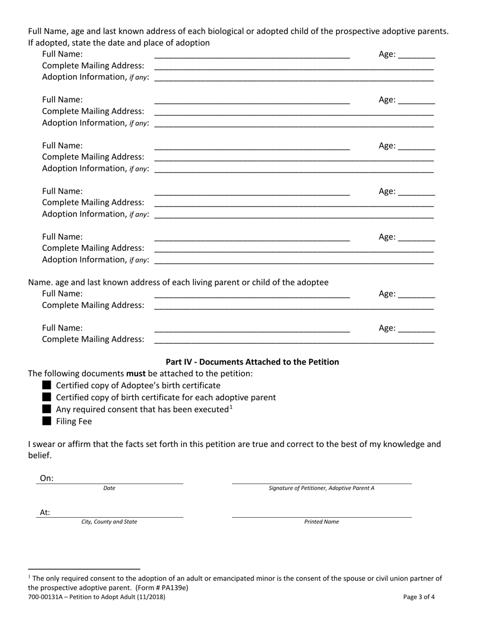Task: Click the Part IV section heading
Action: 252,362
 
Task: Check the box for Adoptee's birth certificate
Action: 47,385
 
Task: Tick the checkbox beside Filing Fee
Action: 47,421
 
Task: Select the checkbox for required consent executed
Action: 47,409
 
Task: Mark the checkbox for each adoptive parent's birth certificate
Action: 47,397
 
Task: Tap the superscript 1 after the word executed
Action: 231,407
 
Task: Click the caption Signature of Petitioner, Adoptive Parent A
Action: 321,488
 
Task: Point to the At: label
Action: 45,513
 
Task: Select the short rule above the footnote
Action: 84,569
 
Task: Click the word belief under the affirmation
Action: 39,455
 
